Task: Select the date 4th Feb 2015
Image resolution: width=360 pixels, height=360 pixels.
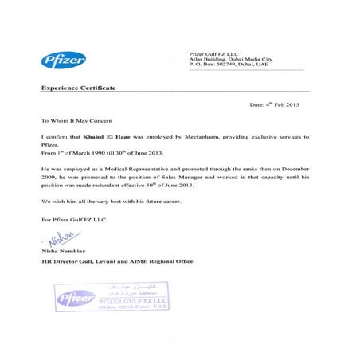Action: [288, 104]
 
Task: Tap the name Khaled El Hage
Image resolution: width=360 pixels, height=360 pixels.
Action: [107, 138]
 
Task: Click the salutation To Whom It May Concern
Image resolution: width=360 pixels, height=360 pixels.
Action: [75, 121]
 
